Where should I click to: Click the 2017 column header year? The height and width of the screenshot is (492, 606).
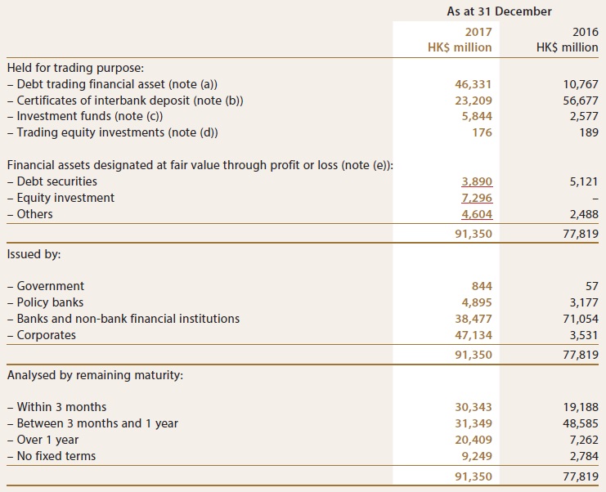click(478, 32)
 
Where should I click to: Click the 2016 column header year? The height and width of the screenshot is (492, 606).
click(585, 32)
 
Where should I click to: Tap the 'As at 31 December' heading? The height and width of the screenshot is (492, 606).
click(499, 11)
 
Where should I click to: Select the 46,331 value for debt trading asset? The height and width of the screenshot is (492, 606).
click(474, 84)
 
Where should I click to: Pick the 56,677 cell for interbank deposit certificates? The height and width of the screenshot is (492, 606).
click(580, 101)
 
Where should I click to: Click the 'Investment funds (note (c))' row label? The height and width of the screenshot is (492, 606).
click(85, 116)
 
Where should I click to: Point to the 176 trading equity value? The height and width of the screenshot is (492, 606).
click(483, 132)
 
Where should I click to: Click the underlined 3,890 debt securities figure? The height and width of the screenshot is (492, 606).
click(477, 181)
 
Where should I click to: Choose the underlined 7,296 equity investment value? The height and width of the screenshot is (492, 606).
click(477, 198)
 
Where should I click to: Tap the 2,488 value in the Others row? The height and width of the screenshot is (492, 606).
click(584, 214)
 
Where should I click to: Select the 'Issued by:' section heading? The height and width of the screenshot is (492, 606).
click(34, 254)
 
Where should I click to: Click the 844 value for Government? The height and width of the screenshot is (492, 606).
click(482, 286)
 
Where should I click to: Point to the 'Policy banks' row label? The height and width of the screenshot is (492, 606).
click(45, 302)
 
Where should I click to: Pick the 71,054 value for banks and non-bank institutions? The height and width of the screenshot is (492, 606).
click(581, 319)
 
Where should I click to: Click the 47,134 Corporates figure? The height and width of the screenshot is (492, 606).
click(474, 335)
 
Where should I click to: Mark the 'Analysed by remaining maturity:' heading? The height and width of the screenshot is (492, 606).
click(95, 375)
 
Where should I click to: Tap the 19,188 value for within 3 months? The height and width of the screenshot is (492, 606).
click(581, 407)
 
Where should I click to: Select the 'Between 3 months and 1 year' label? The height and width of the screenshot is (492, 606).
click(92, 423)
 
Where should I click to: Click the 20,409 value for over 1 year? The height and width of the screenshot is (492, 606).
click(474, 440)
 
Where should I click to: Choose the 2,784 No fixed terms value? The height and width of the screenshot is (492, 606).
click(584, 456)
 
